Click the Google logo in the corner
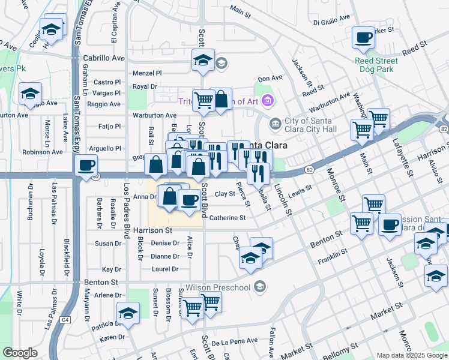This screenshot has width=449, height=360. pos(20,353)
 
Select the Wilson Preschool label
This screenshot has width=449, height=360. pos(218,287)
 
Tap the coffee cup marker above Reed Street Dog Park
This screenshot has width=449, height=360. pos(363,38)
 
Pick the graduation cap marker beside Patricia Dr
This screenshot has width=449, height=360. pos(128,313)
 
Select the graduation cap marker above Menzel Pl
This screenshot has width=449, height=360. pos(203,59)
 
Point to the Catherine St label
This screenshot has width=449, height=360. pos(227,218)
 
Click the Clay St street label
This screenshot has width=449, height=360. pos(224,194)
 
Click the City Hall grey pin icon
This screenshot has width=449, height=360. pos(276,124)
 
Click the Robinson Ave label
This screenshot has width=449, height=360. pos(42,152)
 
